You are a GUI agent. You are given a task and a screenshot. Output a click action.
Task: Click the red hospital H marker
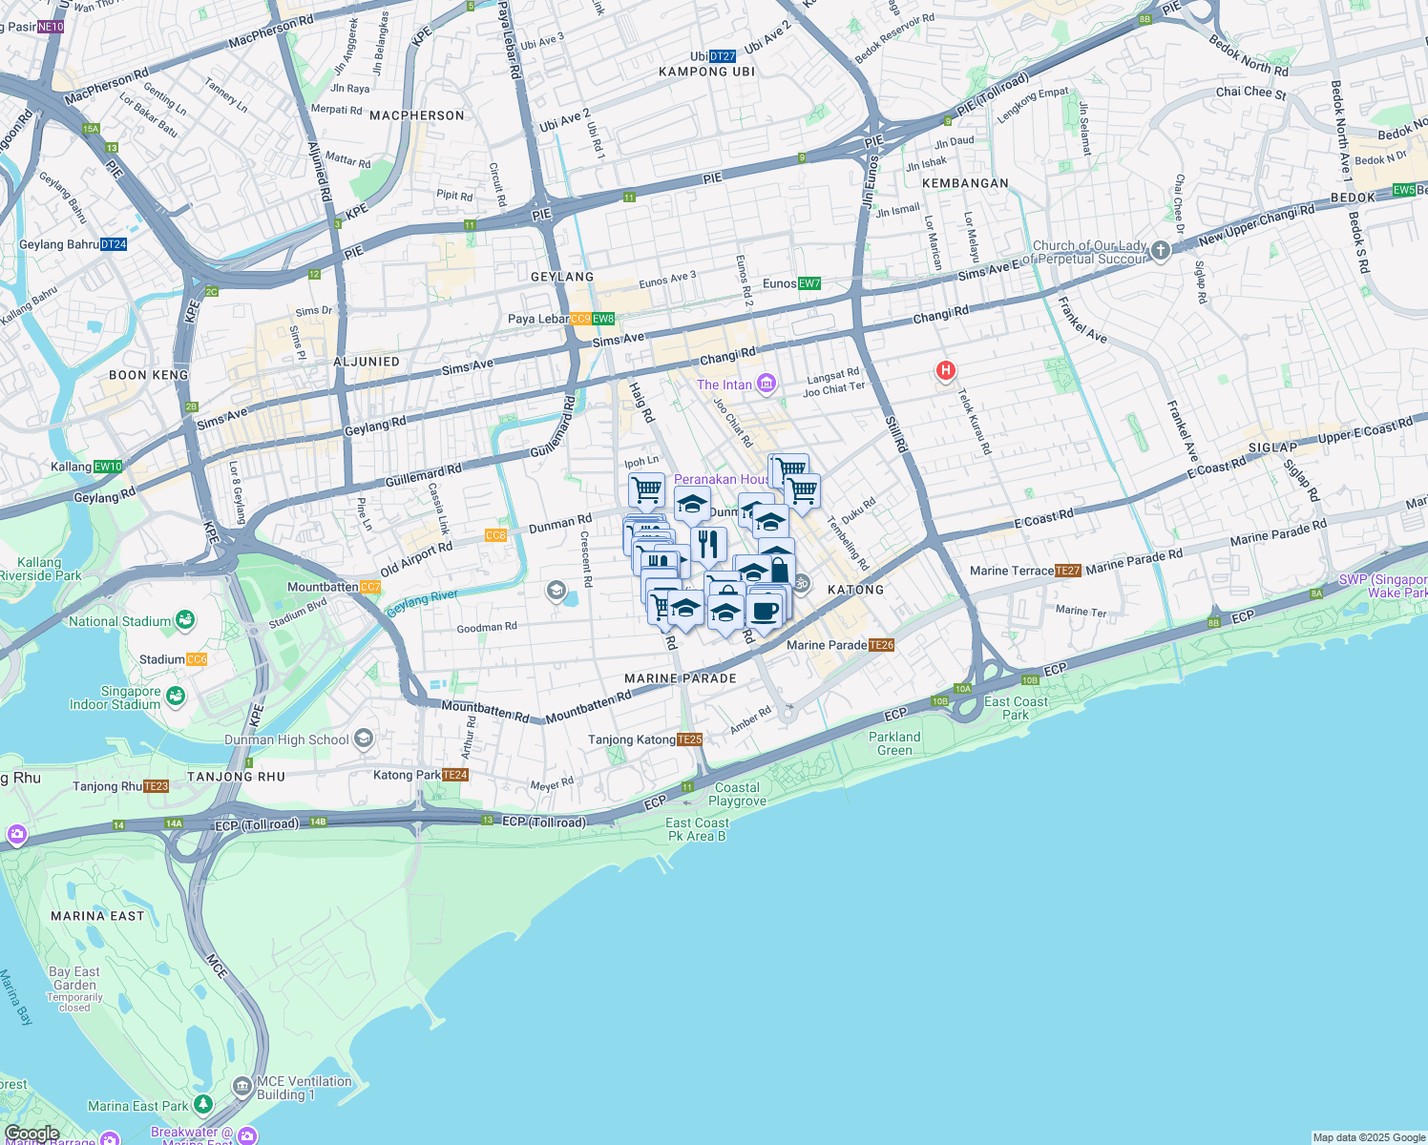pos(945,370)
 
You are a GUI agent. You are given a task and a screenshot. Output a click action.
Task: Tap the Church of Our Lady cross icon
pos(1160,251)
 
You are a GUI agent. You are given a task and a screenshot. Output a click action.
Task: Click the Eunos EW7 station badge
pos(809,283)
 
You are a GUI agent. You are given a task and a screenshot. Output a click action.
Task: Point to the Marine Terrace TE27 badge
pos(1068,571)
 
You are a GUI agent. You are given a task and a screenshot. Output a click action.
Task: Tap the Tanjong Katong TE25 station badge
pos(689,739)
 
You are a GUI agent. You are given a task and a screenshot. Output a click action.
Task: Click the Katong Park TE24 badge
pos(455,775)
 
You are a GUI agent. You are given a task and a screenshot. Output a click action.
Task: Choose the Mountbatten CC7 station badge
pos(370,587)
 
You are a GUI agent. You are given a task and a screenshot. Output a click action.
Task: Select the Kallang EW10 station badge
pos(108,467)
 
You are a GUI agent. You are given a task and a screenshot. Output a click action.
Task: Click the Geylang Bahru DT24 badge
pos(114,244)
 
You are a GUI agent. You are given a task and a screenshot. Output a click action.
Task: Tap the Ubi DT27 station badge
pos(723,56)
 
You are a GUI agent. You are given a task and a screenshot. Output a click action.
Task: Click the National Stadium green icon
pos(184,620)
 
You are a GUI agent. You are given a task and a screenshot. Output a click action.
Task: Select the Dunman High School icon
pos(363,739)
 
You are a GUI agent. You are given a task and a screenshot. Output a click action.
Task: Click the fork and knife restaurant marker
pos(707,544)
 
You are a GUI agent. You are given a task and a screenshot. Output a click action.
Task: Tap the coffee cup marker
pos(765,610)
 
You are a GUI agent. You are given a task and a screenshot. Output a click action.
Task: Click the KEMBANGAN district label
pos(965,183)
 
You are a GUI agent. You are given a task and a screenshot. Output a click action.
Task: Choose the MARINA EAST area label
pos(97,916)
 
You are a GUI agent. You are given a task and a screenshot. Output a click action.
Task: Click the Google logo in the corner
pos(32,1134)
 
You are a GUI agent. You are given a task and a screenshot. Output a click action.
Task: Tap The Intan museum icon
pos(766,385)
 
